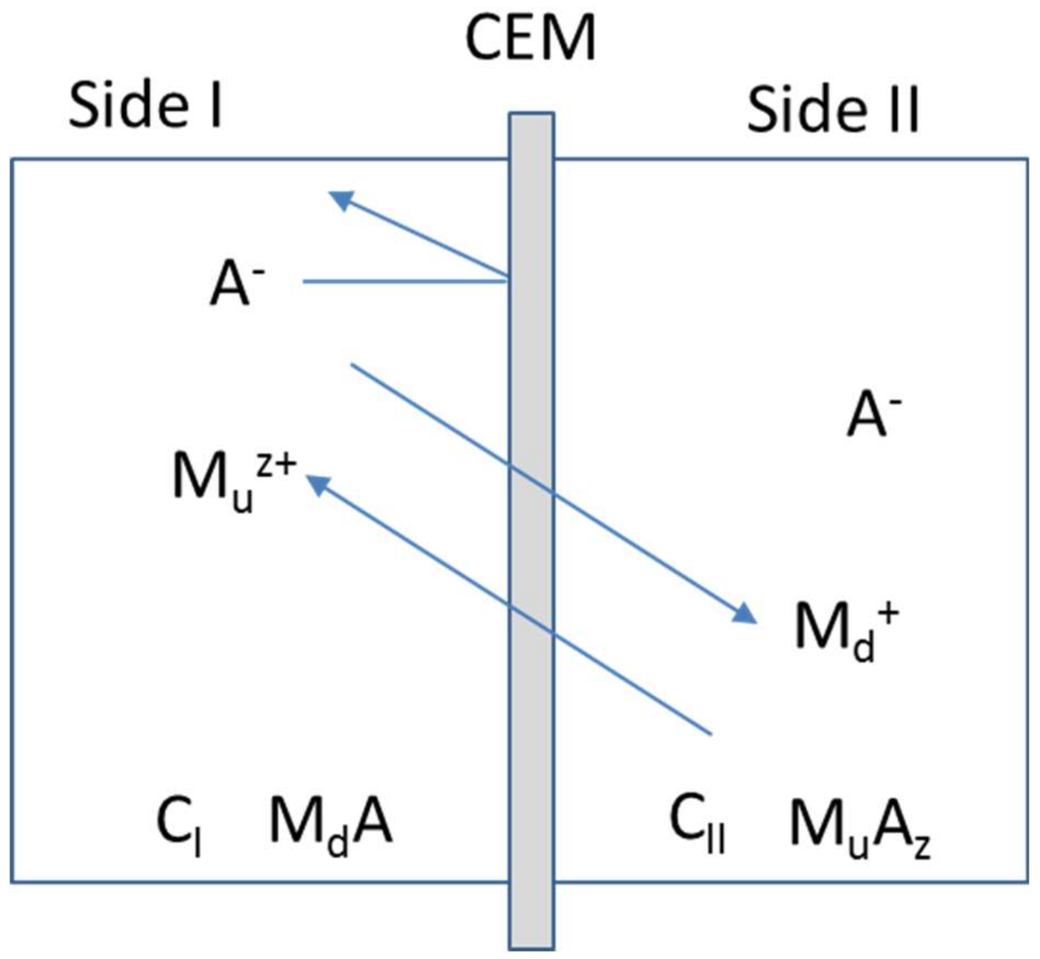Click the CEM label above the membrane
tap(530, 38)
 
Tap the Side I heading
tap(145, 105)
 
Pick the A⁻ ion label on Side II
tap(873, 415)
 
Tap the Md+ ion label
tap(846, 628)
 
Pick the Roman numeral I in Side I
tap(216, 105)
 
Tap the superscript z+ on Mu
tap(276, 466)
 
